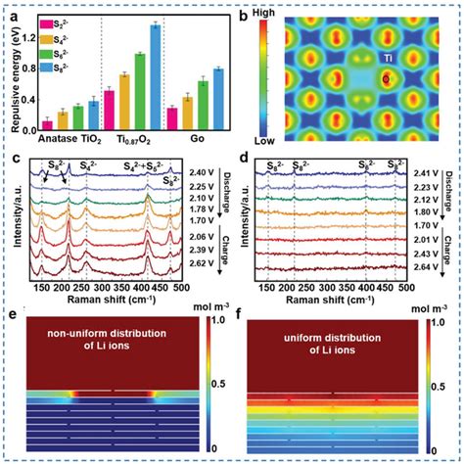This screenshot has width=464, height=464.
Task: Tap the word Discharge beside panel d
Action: click(x=452, y=186)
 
